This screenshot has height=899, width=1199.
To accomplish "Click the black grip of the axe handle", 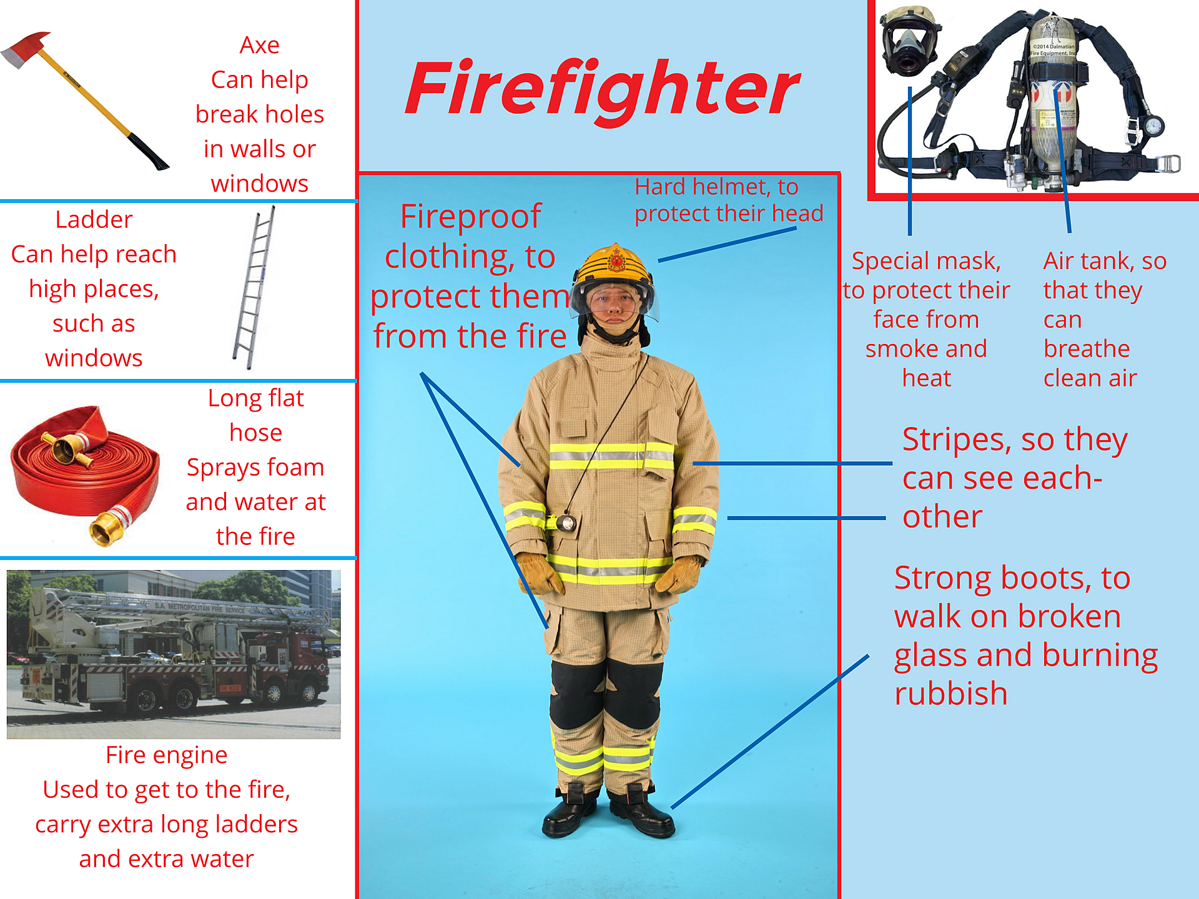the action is tap(148, 152).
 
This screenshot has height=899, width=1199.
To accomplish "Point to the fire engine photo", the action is tap(174, 654).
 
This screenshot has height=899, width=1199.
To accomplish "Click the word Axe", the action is tap(259, 46).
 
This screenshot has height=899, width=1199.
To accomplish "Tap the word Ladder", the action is tap(94, 220).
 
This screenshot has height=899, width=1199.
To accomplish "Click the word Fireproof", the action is tap(470, 217).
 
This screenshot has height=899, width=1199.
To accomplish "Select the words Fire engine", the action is tap(166, 755).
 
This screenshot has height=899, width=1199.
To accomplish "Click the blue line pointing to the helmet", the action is tap(727, 244).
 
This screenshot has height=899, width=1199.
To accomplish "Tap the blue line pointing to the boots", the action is tap(769, 732).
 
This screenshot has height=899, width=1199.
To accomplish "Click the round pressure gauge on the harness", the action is tap(1154, 125).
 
